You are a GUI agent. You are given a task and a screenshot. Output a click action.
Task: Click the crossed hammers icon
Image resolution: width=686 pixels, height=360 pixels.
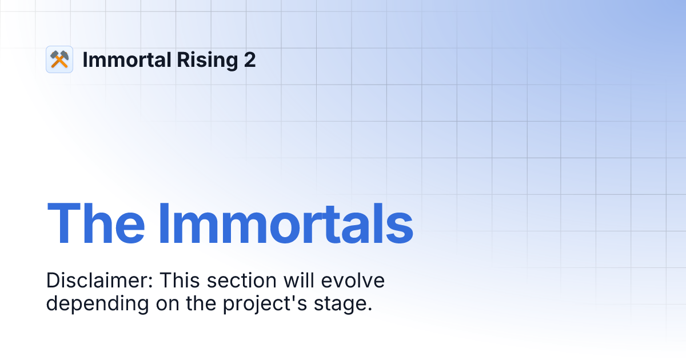pos(59,59)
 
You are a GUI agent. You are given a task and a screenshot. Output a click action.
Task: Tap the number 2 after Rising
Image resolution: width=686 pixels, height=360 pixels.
pos(250,59)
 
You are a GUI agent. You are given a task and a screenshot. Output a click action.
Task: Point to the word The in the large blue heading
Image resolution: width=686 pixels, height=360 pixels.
pos(96,223)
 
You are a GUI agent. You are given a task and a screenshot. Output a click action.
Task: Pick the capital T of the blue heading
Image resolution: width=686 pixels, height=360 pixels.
pos(62,223)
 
